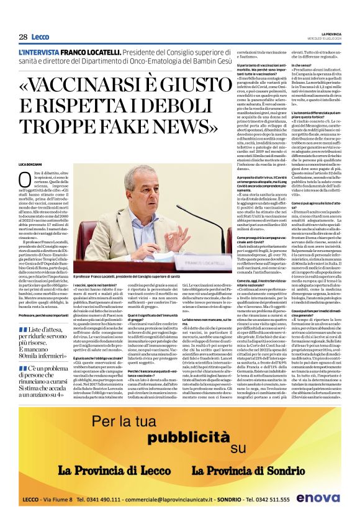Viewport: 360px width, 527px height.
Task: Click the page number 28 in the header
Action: click(x=23, y=37)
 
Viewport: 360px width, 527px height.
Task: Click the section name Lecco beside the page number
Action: click(x=40, y=37)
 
